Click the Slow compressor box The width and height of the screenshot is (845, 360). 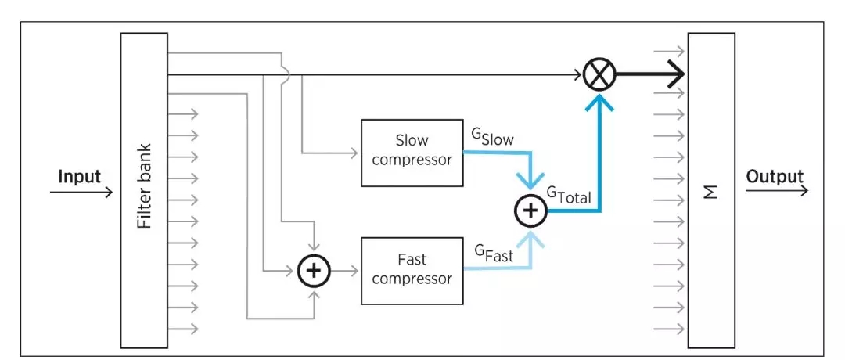tap(412, 153)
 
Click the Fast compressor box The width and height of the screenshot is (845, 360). tap(412, 271)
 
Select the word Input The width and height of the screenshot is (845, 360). tap(80, 176)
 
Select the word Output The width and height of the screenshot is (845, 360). tap(775, 176)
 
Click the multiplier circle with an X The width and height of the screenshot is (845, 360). tap(599, 75)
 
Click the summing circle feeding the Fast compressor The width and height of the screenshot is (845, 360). tap(315, 271)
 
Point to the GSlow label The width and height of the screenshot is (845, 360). tap(492, 137)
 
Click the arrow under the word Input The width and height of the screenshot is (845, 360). tap(81, 190)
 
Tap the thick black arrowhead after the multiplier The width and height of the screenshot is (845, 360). tap(674, 75)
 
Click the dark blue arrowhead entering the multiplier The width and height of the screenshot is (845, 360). tap(599, 100)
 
